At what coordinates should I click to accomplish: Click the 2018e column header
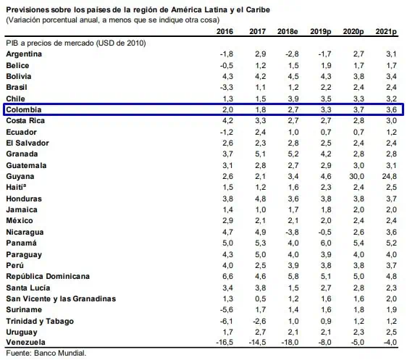pyautogui.click(x=288, y=31)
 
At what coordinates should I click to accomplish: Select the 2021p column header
pyautogui.click(x=386, y=32)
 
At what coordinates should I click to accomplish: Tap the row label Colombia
pyautogui.click(x=24, y=109)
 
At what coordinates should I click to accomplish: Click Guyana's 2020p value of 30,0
pyautogui.click(x=356, y=176)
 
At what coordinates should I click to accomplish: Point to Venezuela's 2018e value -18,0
pyautogui.click(x=290, y=342)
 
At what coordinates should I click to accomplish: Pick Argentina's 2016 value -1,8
pyautogui.click(x=227, y=54)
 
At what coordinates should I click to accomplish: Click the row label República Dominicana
pyautogui.click(x=48, y=276)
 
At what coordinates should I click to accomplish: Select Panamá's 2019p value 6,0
pyautogui.click(x=326, y=243)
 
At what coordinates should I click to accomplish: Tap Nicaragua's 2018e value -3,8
pyautogui.click(x=292, y=232)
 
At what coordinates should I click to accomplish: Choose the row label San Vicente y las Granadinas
pyautogui.click(x=61, y=298)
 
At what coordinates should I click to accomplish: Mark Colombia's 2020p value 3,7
pyautogui.click(x=358, y=109)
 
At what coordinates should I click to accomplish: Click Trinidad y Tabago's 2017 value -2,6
pyautogui.click(x=259, y=321)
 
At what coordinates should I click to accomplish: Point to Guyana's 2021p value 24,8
pyautogui.click(x=390, y=176)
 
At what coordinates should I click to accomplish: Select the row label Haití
pyautogui.click(x=16, y=187)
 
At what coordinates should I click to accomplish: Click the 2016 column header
pyautogui.click(x=225, y=31)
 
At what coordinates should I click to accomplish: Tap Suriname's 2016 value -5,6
pyautogui.click(x=227, y=309)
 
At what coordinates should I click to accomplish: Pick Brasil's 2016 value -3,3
pyautogui.click(x=227, y=87)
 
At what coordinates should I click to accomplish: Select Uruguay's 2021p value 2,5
pyautogui.click(x=391, y=332)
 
